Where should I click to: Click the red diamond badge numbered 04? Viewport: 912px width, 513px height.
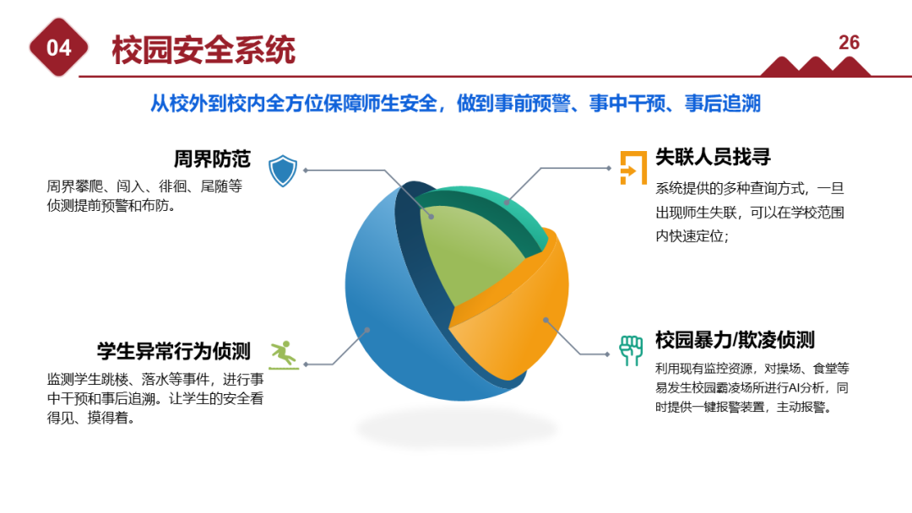[x=59, y=48]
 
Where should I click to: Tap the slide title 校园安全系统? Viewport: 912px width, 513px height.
[x=204, y=51]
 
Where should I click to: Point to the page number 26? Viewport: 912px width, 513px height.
[x=849, y=42]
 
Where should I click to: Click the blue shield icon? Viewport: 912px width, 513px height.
[x=283, y=170]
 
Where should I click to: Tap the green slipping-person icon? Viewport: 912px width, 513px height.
[x=284, y=355]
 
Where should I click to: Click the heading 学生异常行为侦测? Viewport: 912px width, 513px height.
[x=174, y=351]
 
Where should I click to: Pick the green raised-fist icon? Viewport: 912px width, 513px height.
[x=631, y=349]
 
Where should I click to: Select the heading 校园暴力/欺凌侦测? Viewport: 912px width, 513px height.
[x=735, y=340]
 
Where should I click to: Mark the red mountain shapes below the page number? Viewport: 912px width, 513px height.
[x=803, y=67]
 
